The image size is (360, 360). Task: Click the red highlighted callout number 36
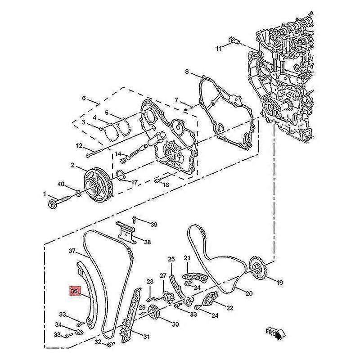point(74,292)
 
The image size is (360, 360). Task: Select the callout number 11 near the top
point(219,48)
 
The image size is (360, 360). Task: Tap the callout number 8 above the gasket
point(187,72)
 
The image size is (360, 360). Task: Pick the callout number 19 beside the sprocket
point(279,283)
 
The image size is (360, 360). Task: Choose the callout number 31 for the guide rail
point(146,336)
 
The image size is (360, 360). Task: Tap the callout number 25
point(171,259)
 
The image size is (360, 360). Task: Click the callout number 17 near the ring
point(134,182)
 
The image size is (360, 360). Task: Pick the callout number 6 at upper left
point(84,98)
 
